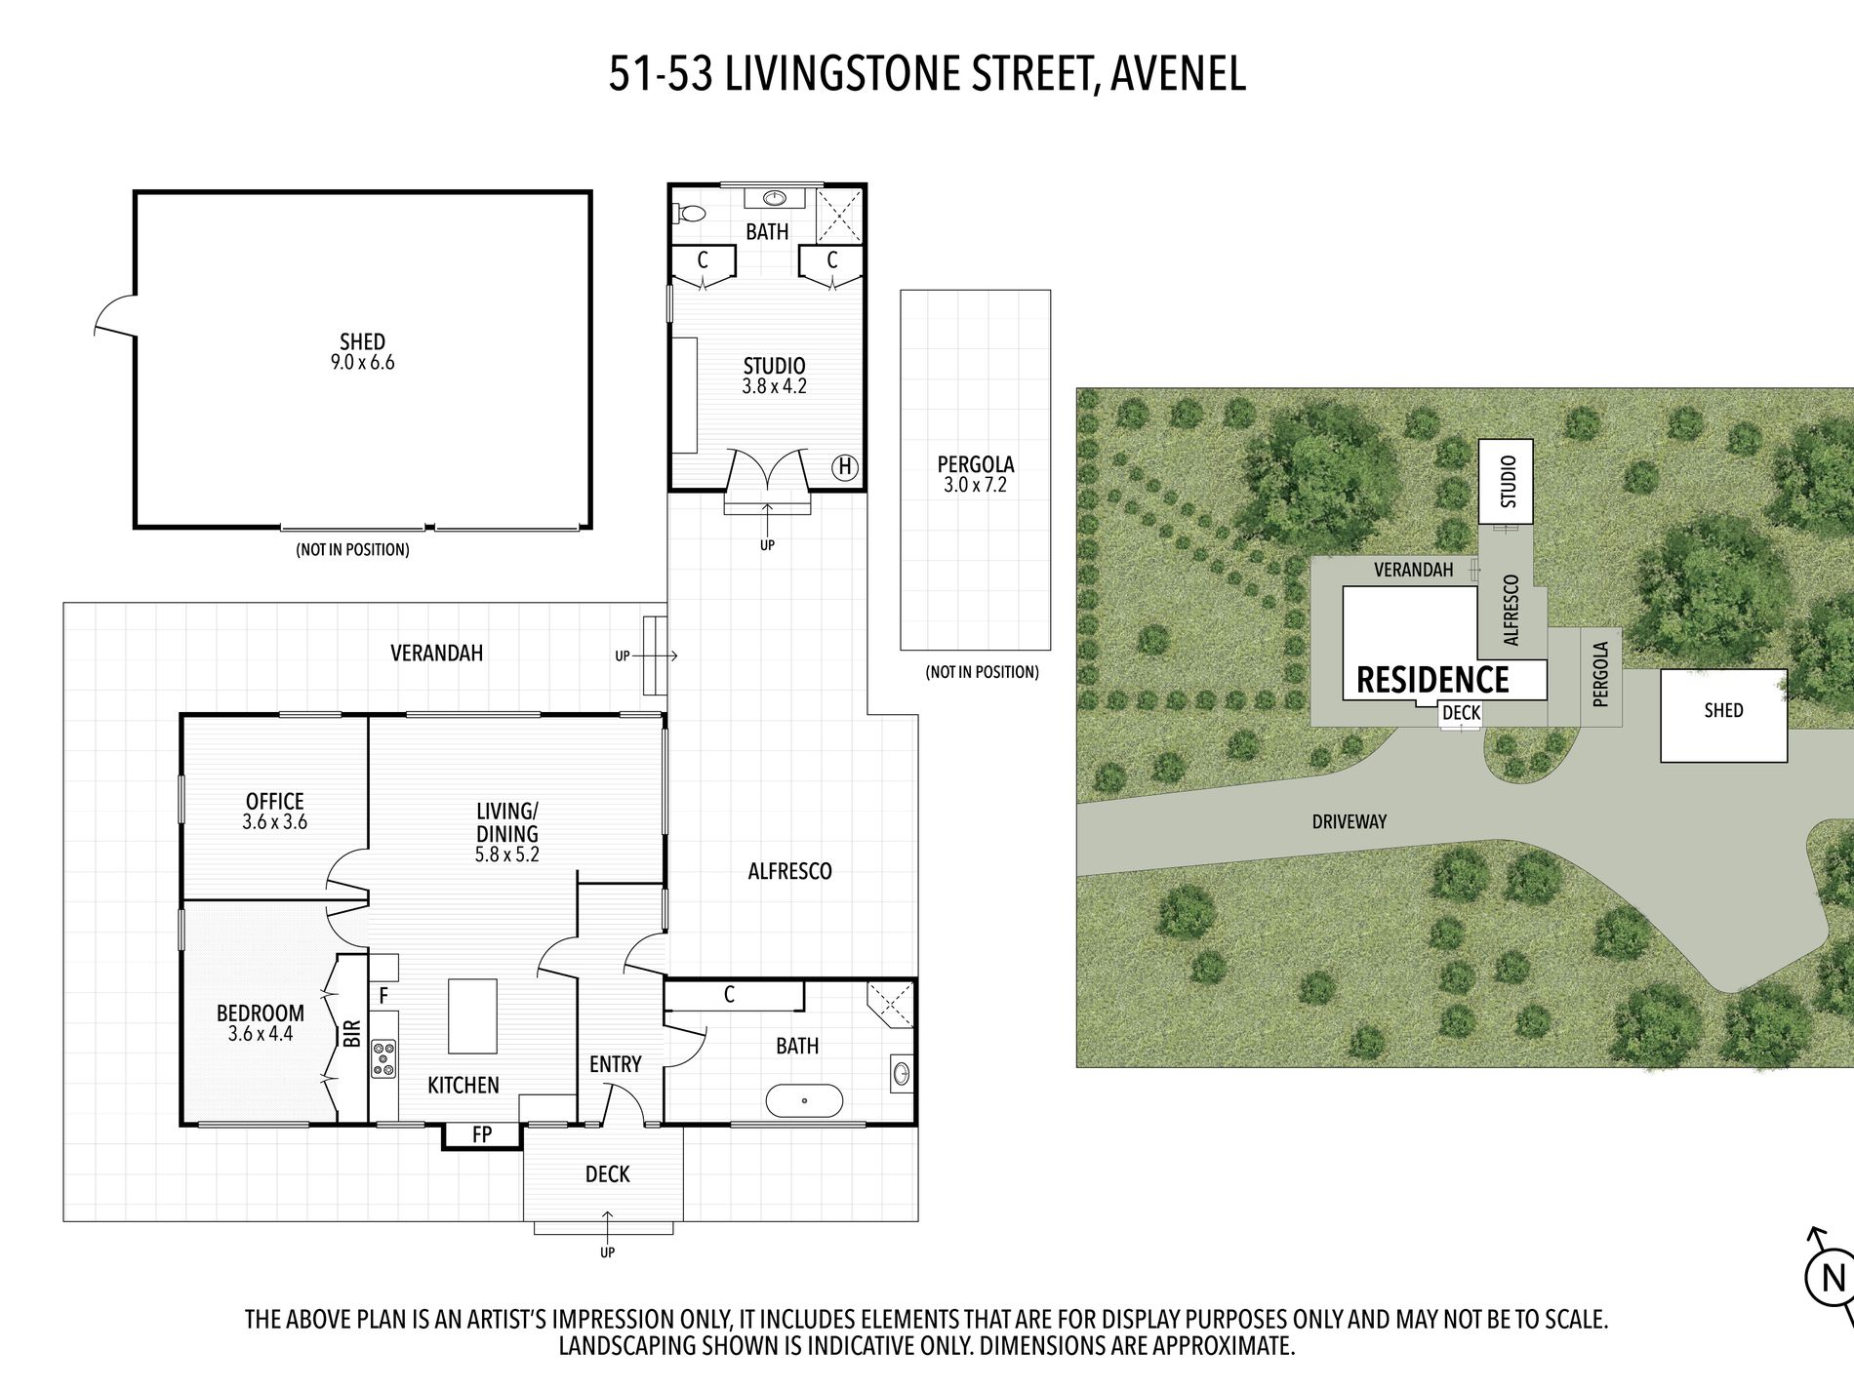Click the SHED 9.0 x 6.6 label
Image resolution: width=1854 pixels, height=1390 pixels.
362,352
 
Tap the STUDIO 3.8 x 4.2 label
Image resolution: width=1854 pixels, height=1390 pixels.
774,376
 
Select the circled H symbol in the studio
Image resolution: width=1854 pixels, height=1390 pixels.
845,467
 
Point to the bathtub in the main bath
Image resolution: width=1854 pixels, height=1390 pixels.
804,1100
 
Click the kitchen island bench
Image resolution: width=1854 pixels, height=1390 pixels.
472,1016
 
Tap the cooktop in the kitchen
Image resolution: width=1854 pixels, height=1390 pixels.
383,1059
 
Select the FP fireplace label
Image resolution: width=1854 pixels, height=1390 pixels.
482,1134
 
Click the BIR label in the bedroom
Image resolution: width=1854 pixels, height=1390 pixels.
352,1034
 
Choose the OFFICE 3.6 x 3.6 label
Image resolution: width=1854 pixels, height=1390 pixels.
275,812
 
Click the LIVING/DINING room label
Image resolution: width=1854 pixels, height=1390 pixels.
507,833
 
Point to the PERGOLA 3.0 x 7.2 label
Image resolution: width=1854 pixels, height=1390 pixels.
976,474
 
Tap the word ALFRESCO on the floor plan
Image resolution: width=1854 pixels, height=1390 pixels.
789,871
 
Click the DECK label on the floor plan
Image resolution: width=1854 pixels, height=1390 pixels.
607,1174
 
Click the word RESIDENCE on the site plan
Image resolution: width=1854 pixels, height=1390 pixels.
1432,680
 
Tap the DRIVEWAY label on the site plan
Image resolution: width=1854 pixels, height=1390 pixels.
1350,822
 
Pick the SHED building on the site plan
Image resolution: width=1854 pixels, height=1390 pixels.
1724,715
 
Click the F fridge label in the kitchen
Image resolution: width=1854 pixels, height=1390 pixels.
383,996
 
